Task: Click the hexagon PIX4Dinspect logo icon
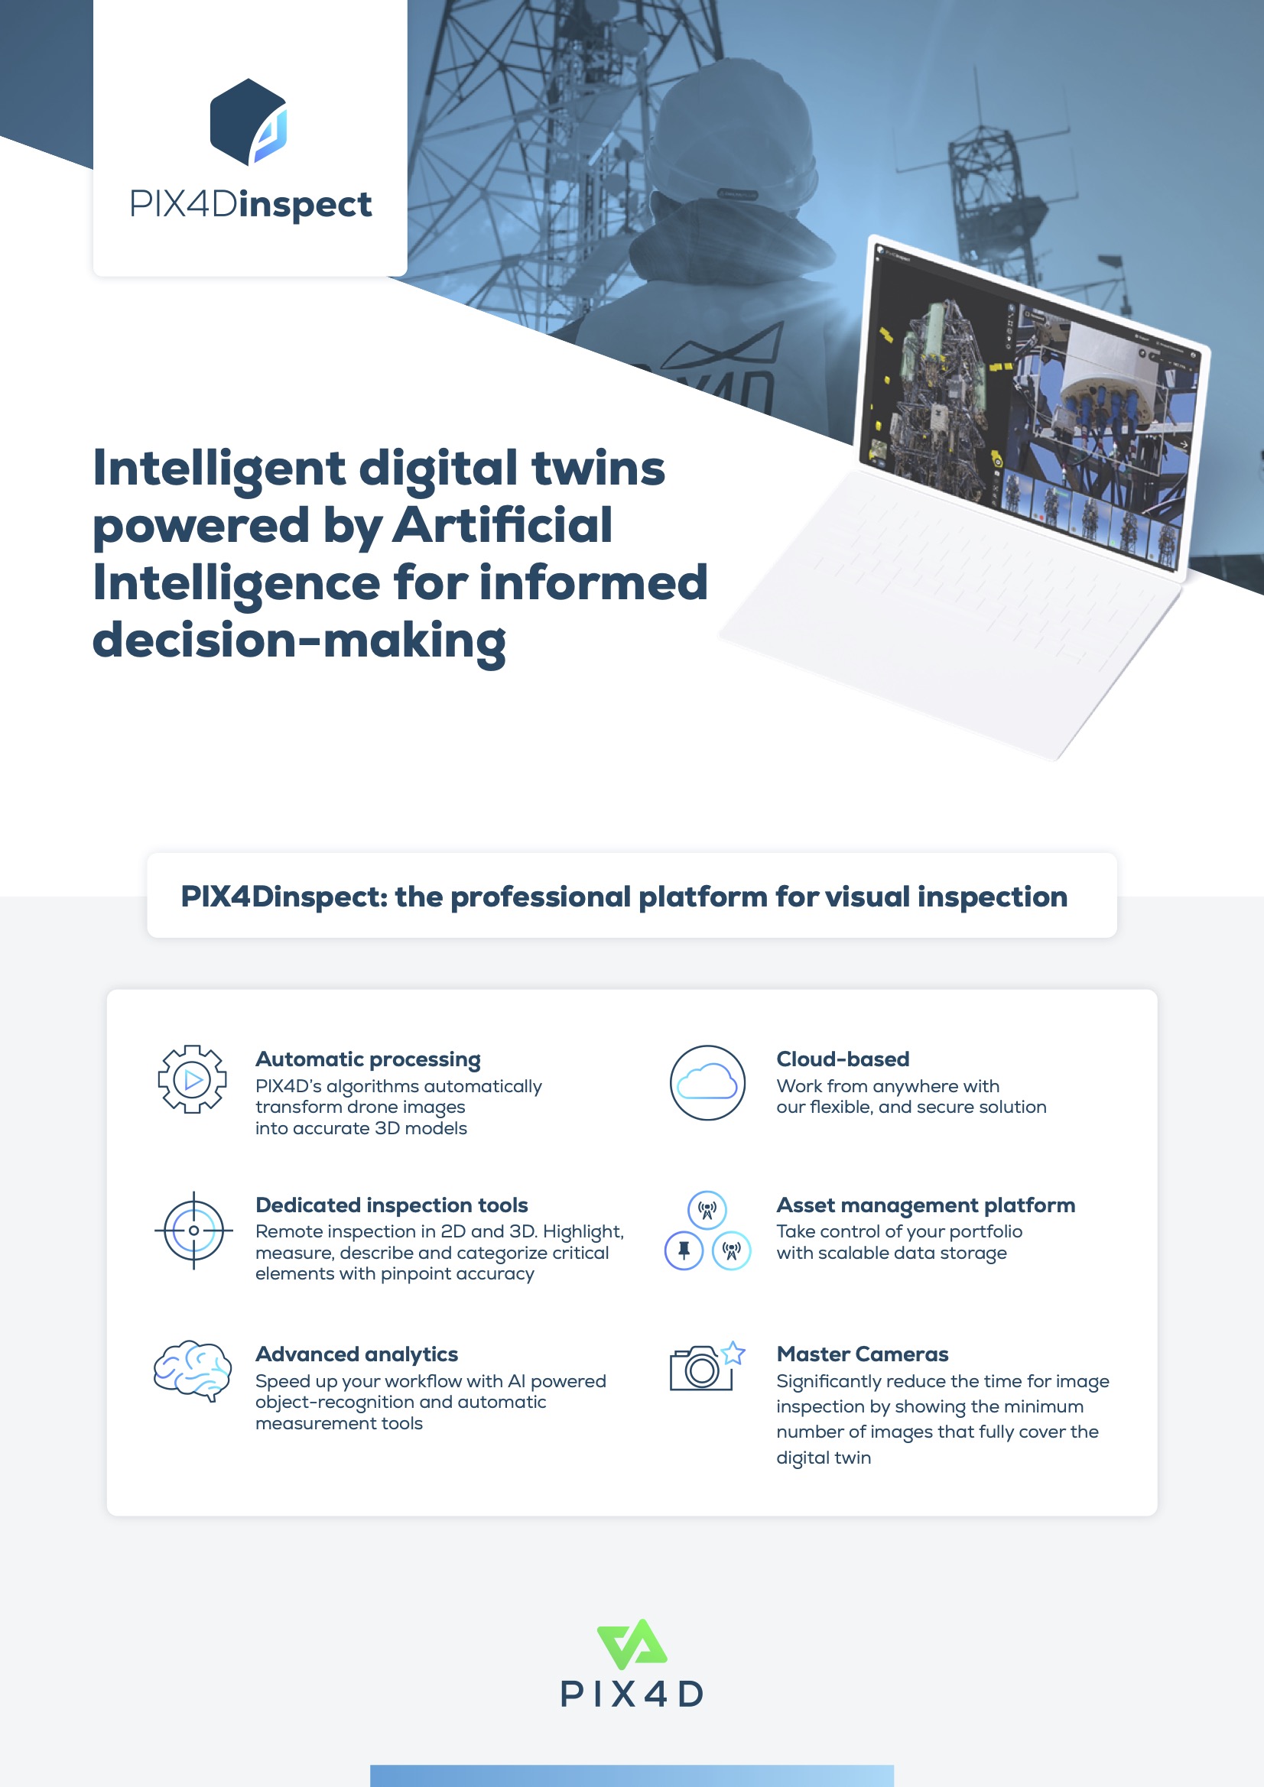(x=249, y=122)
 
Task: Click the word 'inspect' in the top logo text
(x=305, y=205)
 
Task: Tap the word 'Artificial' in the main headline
(x=502, y=524)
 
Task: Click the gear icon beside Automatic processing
(x=193, y=1078)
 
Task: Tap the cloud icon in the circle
(x=707, y=1082)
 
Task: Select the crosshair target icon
(x=193, y=1230)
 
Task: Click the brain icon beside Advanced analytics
(x=193, y=1370)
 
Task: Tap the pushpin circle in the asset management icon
(x=684, y=1250)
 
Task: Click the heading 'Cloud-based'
(x=843, y=1059)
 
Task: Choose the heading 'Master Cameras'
(x=862, y=1354)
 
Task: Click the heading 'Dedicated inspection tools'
(x=392, y=1205)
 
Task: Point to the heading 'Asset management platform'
(x=926, y=1205)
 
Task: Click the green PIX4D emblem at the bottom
(x=632, y=1644)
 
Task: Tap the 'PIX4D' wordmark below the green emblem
(x=632, y=1695)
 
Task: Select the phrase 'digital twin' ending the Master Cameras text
(x=824, y=1457)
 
